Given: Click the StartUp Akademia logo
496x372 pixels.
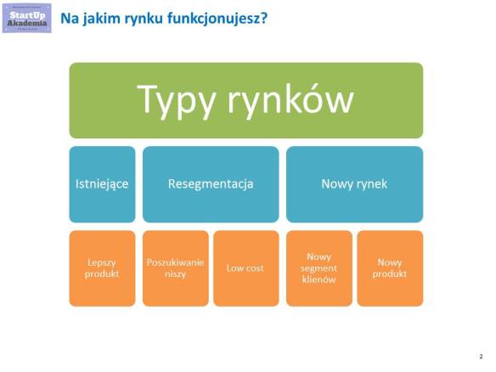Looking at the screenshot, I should pos(27,17).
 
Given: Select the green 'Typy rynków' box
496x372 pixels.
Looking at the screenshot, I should pos(245,100).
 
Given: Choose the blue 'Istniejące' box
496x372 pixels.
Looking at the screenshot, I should pos(102,183).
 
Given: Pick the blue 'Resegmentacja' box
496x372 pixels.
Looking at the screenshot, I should pos(211,183).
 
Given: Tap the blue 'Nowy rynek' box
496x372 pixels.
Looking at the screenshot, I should pos(354,183).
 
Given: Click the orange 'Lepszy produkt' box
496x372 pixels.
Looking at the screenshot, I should pos(102,268).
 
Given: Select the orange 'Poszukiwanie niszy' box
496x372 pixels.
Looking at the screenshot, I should pos(175,268).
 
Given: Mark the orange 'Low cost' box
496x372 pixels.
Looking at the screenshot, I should pos(245,268).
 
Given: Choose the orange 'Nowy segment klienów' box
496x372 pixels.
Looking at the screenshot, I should pos(318,268).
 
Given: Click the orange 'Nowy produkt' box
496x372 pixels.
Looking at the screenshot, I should pos(390,268).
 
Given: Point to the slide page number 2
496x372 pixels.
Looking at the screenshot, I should pos(481,357).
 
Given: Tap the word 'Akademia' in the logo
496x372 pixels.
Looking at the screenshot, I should pos(27,22).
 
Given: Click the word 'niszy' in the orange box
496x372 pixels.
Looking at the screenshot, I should pos(175,274).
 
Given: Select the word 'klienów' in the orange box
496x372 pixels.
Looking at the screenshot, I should pos(318,279).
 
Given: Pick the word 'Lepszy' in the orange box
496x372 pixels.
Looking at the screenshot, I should pos(102,262).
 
